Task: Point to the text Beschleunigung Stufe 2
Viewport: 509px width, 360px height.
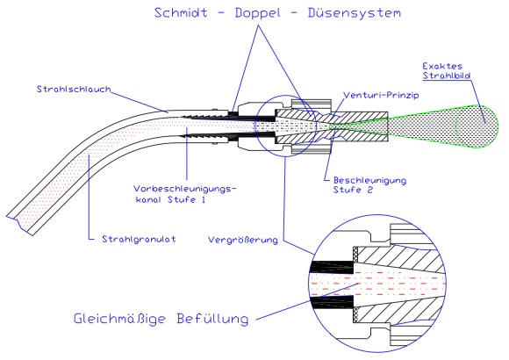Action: tap(360, 182)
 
